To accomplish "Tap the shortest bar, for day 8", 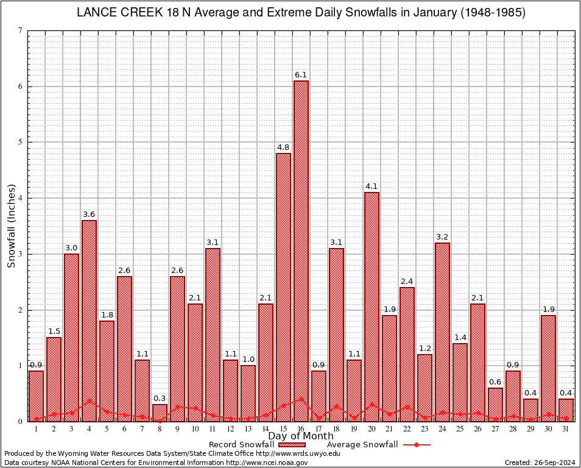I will point(160,413).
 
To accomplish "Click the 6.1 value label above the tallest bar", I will point(301,75).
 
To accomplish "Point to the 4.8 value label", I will point(283,147).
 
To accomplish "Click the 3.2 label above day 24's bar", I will point(442,237).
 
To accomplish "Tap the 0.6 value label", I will point(495,382).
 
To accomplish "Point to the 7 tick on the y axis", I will point(21,30).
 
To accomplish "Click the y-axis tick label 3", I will point(21,254).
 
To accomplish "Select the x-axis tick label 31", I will point(566,429).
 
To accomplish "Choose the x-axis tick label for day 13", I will point(248,429).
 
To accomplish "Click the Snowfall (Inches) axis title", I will point(11,225).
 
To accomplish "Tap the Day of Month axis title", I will point(301,436).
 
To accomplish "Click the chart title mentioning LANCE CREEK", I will point(301,13).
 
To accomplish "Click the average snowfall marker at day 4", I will point(89,401).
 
